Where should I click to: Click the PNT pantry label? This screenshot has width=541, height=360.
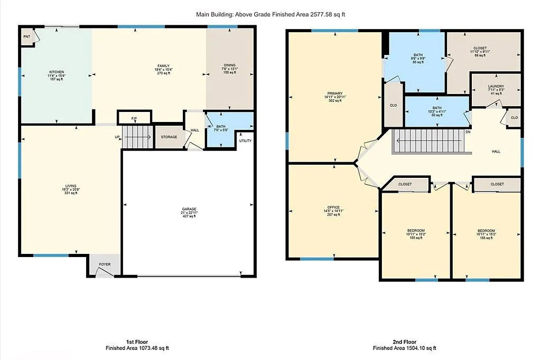[26, 37]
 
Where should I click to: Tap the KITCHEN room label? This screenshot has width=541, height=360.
[57, 72]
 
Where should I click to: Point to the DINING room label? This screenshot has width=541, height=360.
[230, 65]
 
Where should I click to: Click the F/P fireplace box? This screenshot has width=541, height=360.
[134, 118]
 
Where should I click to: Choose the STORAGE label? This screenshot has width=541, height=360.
[169, 137]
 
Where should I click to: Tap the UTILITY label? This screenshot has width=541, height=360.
[246, 141]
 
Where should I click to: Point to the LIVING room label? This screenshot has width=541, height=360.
[71, 186]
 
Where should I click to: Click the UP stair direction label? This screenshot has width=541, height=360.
[117, 137]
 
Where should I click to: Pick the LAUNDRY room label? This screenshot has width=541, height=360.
[496, 87]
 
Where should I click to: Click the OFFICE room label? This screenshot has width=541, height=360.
[333, 207]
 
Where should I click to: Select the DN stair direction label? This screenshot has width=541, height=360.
[468, 132]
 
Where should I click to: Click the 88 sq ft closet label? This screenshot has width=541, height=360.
[480, 48]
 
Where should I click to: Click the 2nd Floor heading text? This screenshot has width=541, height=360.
[404, 342]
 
